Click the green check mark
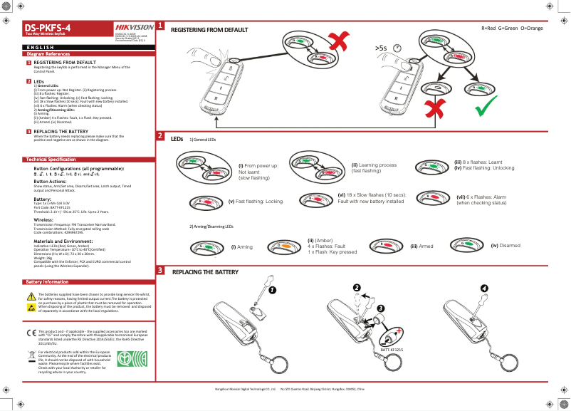(x=487, y=108)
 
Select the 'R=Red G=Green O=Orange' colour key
(x=512, y=28)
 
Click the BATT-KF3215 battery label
(x=391, y=350)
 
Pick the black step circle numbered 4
(x=484, y=287)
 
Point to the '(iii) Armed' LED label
(x=421, y=246)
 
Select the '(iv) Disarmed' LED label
(x=505, y=245)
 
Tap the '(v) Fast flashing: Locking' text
(x=256, y=202)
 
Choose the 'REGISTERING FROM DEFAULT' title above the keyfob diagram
(x=209, y=31)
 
